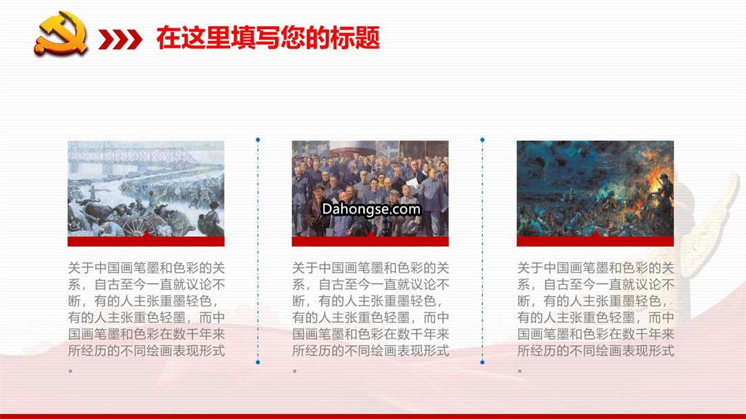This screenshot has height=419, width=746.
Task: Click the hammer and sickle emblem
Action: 61,32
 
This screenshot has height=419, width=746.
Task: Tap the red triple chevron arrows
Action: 120,39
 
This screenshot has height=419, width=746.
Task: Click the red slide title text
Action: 268,38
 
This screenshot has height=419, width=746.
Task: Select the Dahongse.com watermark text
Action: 371,209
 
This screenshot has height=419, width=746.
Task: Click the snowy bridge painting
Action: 146,189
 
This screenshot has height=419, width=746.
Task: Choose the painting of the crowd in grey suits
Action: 370,189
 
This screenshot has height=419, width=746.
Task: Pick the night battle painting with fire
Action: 595,189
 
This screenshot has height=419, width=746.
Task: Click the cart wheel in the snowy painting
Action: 139,227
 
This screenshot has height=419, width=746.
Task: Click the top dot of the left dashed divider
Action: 258,140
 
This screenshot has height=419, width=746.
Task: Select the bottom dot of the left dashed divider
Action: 258,362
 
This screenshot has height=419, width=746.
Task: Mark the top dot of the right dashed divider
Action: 482,140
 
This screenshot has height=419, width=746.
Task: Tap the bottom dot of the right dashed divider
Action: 482,362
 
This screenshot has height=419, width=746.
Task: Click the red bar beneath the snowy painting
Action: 146,241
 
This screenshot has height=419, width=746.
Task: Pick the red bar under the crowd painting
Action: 370,241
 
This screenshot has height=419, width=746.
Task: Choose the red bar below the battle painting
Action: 595,241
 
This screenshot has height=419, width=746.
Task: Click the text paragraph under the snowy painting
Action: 146,317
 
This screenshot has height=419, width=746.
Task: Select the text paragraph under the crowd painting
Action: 371,317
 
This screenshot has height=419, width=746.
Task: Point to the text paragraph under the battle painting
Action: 595,317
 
